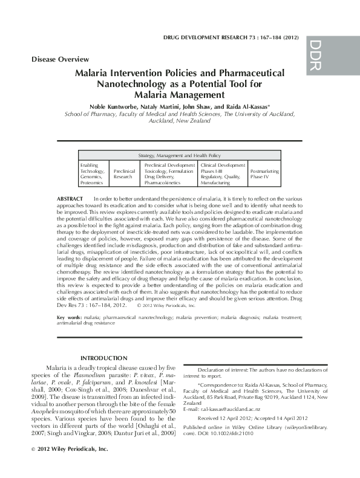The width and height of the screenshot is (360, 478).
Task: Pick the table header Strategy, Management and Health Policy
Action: [180, 155]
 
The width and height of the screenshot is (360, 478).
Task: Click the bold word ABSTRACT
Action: [70, 198]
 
